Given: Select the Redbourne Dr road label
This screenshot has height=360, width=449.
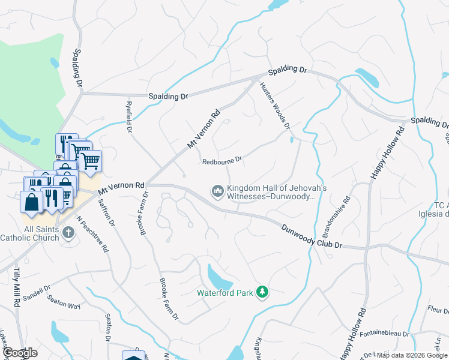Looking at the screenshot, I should point(221,161).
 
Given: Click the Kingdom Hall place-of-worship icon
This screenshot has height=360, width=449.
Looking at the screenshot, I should point(217,191).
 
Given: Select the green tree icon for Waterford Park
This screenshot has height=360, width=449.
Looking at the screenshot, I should point(262,292).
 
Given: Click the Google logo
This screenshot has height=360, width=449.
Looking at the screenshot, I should point(20,353).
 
